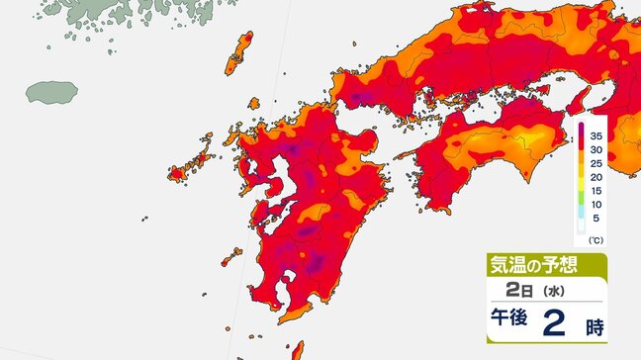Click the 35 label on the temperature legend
coord(597,135)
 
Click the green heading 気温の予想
coord(532,264)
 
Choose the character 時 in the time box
coord(593,324)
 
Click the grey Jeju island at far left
coord(51,93)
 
